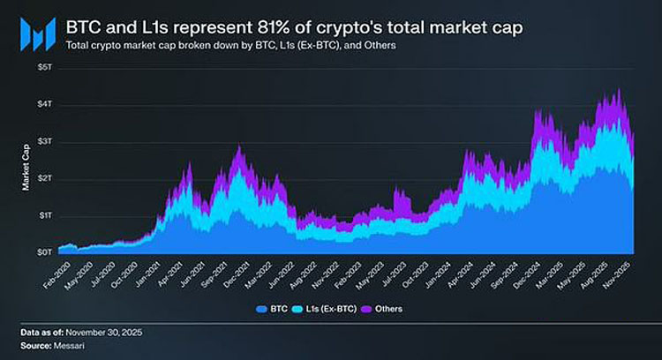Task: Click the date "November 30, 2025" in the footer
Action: tap(103, 332)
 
